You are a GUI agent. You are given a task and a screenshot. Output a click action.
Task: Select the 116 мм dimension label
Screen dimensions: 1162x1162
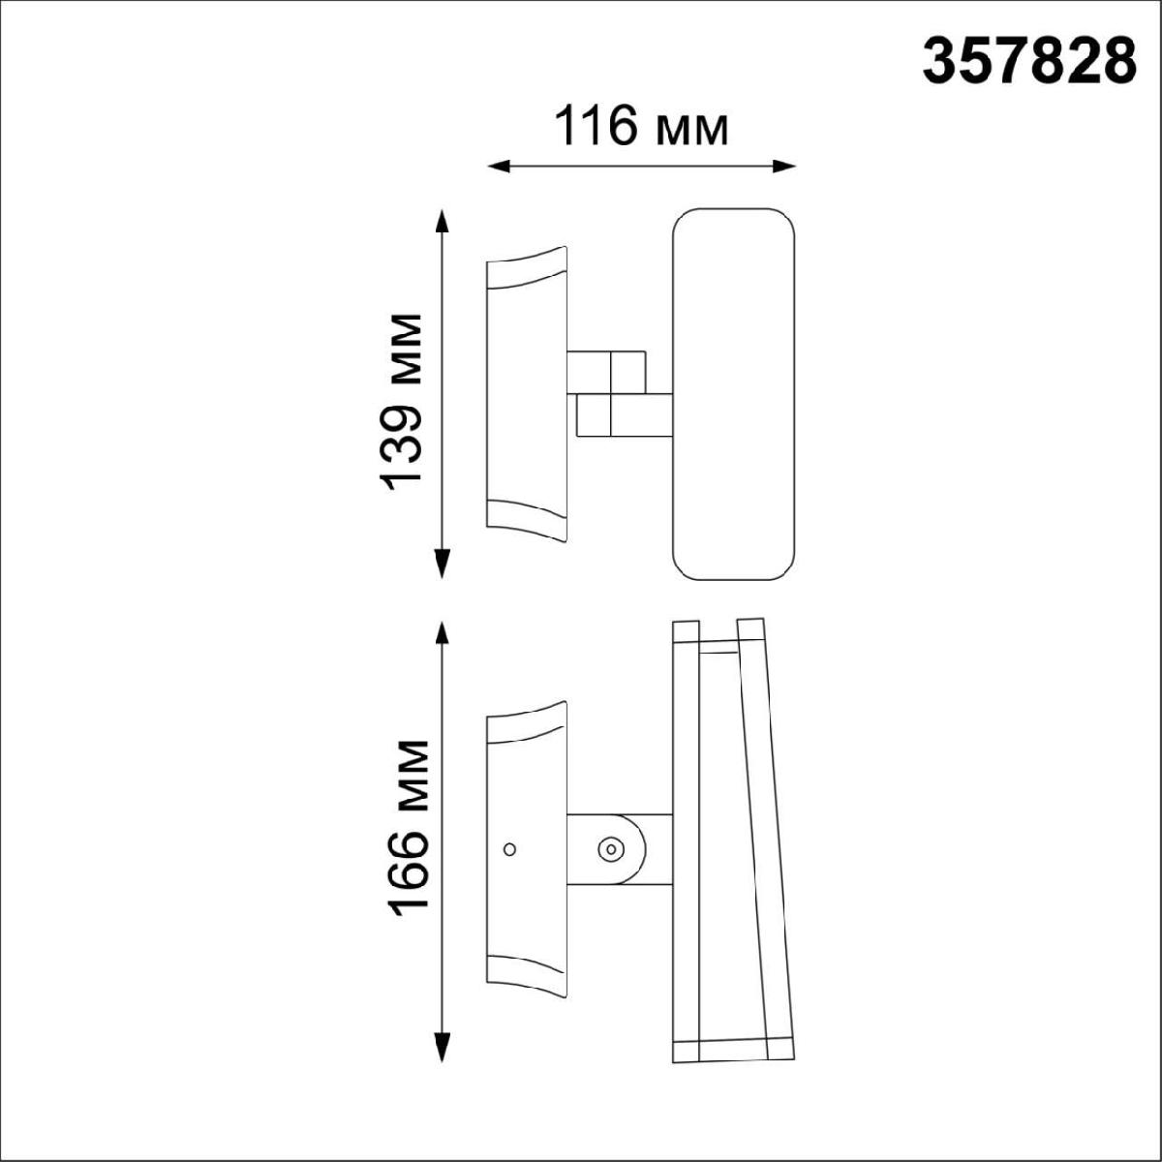[x=641, y=126]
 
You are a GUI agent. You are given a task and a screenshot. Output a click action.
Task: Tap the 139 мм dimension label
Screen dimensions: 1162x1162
[x=400, y=402]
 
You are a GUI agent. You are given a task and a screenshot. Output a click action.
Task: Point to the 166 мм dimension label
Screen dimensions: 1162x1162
[x=408, y=829]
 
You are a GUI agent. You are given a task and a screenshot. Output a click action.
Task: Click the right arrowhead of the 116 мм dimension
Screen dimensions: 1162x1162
[x=784, y=167]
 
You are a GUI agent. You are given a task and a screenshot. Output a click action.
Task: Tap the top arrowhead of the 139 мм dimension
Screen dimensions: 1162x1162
[x=443, y=222]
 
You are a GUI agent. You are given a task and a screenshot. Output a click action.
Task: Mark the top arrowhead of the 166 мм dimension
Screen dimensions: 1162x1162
[x=443, y=635]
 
